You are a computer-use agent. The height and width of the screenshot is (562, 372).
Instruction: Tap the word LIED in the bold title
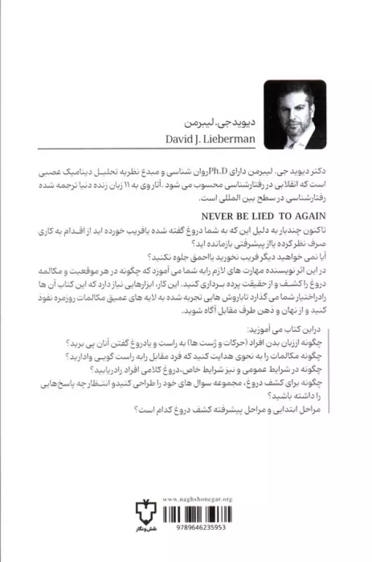point(268,217)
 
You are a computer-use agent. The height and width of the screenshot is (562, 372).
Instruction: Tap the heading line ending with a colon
point(291,328)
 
